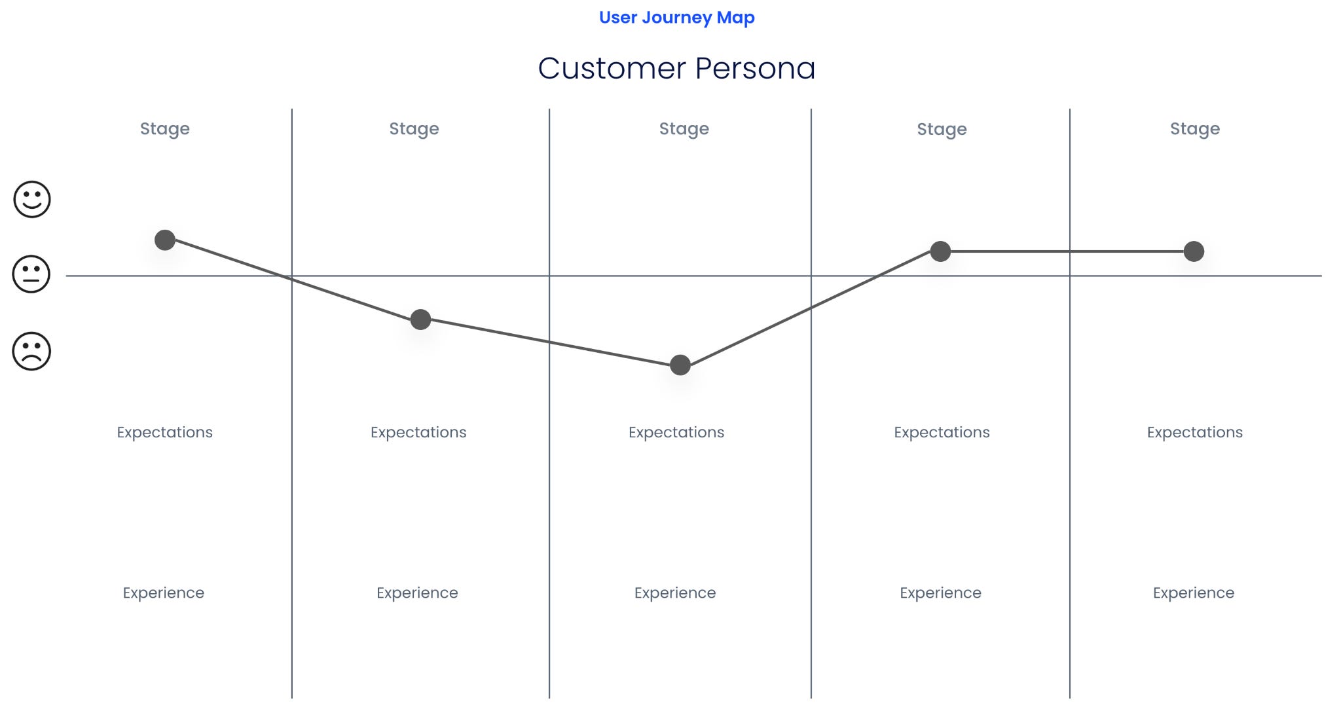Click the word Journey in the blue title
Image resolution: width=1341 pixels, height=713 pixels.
677,18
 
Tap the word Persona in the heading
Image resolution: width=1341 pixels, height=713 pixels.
755,68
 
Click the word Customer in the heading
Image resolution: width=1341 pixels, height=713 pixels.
612,68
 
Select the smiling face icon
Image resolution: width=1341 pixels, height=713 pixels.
32,199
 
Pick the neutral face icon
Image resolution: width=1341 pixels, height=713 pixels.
31,274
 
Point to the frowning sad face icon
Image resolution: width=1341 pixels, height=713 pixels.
31,352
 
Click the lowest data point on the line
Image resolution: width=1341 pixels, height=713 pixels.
680,365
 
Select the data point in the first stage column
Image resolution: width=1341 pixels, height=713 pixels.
165,240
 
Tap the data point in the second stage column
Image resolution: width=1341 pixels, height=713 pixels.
420,320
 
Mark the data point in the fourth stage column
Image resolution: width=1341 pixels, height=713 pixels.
940,251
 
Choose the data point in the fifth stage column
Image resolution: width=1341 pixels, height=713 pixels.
1194,251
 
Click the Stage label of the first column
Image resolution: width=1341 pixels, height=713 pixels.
165,129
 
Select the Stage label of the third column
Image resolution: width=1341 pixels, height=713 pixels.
684,129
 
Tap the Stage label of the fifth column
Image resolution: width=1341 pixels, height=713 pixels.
1195,129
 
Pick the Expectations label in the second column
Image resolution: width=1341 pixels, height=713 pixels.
418,432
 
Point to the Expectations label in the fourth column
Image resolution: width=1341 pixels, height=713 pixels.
942,432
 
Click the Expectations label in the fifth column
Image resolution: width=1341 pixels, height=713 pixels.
1194,432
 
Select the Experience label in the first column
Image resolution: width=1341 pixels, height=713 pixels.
164,593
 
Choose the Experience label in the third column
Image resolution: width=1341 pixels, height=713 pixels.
675,593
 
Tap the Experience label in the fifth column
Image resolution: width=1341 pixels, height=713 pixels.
1194,593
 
